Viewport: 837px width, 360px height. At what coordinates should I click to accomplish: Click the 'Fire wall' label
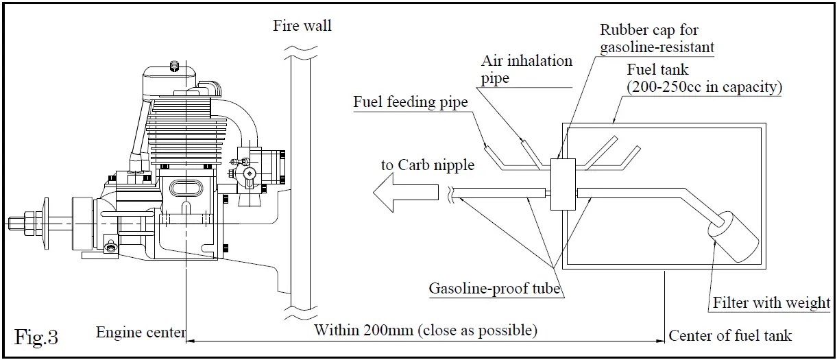pyautogui.click(x=302, y=26)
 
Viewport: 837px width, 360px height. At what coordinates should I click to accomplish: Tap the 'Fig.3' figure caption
pyautogui.click(x=36, y=337)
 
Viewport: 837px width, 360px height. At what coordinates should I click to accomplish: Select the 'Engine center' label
pyautogui.click(x=141, y=333)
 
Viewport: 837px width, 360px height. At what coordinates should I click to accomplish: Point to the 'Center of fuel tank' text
pyautogui.click(x=730, y=335)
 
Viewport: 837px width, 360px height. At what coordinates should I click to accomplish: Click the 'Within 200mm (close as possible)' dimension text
pyautogui.click(x=425, y=330)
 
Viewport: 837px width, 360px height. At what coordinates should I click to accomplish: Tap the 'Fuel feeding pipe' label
pyautogui.click(x=410, y=102)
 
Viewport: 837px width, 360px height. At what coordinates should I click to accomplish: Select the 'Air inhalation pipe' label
pyautogui.click(x=526, y=69)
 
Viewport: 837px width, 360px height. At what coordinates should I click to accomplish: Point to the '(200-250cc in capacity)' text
pyautogui.click(x=705, y=87)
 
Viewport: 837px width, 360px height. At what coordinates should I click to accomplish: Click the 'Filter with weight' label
pyautogui.click(x=771, y=302)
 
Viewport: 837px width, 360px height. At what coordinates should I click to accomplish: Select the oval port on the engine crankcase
pyautogui.click(x=187, y=190)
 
